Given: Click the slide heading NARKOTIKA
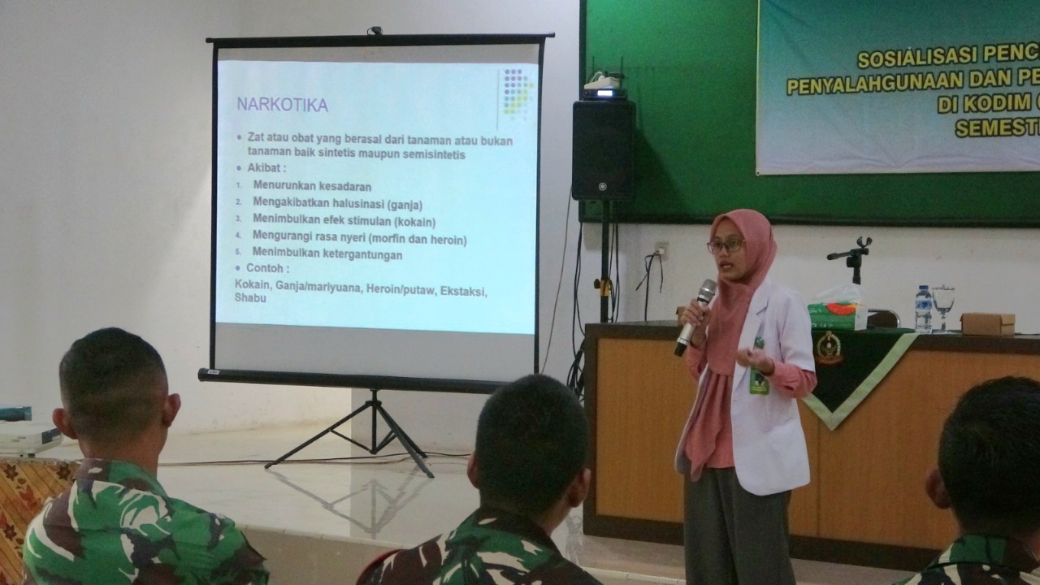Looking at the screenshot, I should (x=282, y=105).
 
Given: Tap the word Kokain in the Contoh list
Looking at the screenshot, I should (x=253, y=286).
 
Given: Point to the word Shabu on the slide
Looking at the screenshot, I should (x=250, y=298).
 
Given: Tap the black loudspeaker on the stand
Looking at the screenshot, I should (x=603, y=149).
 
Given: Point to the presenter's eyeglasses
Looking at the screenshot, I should (x=726, y=244).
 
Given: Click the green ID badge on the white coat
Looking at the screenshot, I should (x=759, y=380).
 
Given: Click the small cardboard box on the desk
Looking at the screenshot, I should (x=987, y=323).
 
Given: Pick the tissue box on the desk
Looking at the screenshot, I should (x=837, y=314).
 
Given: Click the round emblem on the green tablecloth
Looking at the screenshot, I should (x=828, y=347).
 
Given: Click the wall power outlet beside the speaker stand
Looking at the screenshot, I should (x=662, y=250).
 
